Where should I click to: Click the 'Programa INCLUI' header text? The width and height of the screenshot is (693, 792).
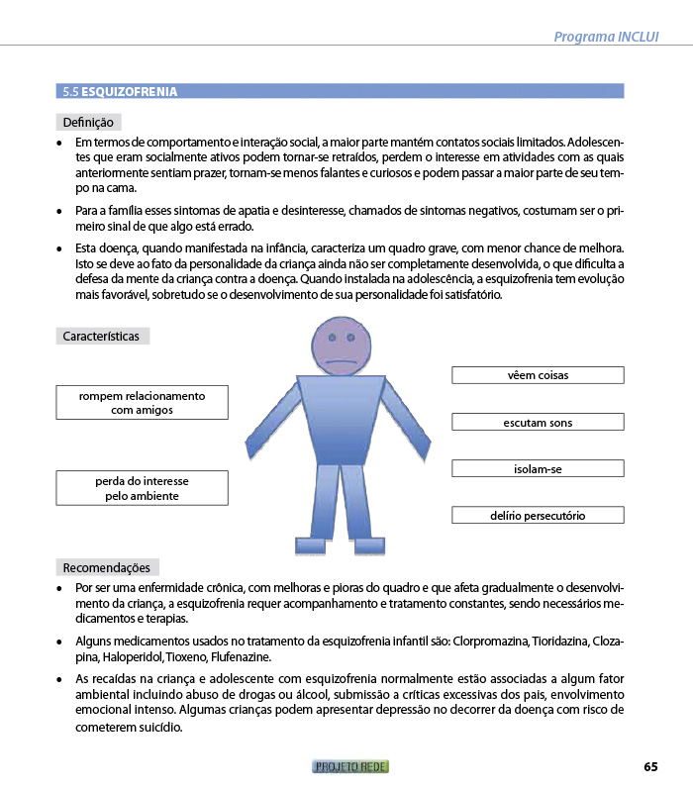coord(606,37)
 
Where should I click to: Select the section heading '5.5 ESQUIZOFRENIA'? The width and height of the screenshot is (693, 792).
coord(120,91)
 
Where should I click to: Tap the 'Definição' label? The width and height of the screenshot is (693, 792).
coord(89,123)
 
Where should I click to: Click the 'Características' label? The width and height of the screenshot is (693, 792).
coord(101,337)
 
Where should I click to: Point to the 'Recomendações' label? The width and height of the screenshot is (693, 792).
coord(106,568)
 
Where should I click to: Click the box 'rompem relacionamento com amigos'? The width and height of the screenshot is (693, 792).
coord(142,402)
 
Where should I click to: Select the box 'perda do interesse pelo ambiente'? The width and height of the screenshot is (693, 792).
coord(142,488)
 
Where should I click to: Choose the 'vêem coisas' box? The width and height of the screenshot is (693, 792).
coord(538,375)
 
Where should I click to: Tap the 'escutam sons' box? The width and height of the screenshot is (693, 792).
coord(538,423)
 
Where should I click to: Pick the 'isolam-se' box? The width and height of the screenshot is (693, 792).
coord(538,469)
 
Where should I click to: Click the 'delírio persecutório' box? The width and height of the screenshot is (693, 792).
coord(538,516)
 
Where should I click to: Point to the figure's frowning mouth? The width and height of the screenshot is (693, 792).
coord(340,359)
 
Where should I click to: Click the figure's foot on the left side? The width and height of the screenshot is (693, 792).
coord(311,545)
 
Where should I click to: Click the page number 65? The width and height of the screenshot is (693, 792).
coord(650,767)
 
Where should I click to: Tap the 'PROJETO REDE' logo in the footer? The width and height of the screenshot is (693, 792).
coord(350,767)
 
